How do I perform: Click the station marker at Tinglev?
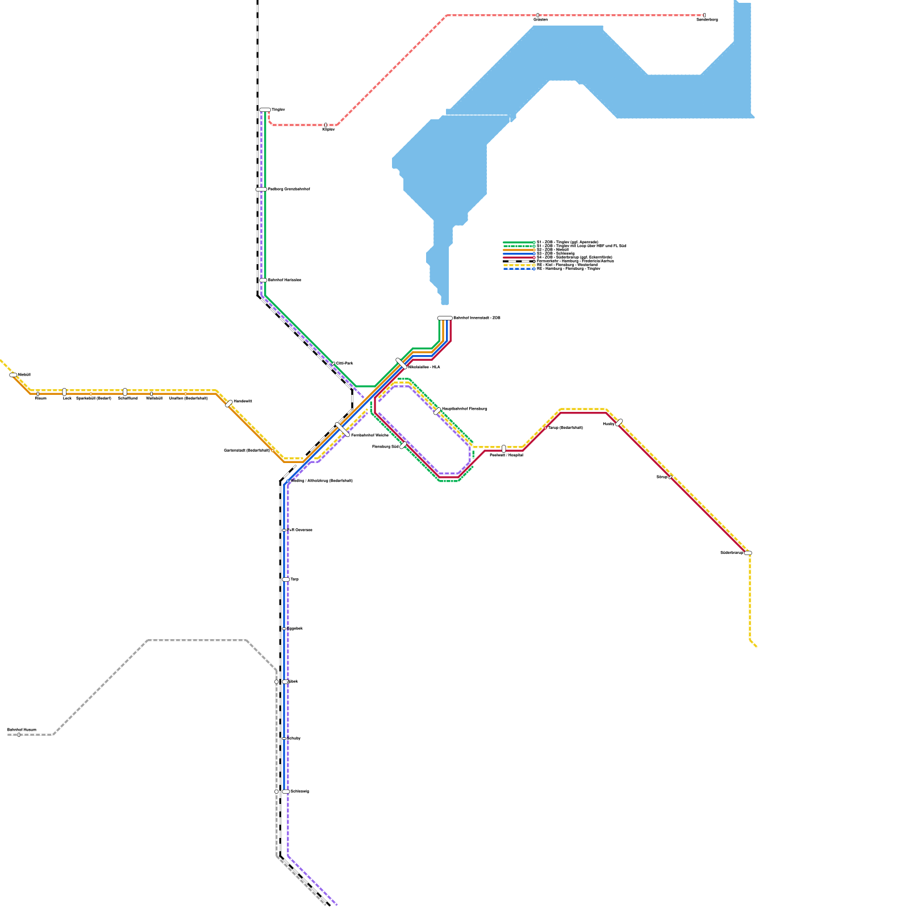click(265, 110)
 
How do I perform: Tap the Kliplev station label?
click(328, 130)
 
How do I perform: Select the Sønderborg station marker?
click(704, 15)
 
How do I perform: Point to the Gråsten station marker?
click(537, 15)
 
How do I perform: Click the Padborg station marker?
click(261, 189)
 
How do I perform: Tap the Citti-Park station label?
click(345, 363)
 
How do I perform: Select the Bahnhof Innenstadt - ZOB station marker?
click(445, 318)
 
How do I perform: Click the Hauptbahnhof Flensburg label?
click(464, 408)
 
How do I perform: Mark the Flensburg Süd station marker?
click(403, 446)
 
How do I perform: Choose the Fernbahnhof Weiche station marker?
click(343, 430)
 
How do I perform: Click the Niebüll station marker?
click(14, 375)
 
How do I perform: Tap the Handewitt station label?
click(243, 401)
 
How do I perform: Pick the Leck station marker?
click(64, 392)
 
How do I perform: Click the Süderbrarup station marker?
click(748, 553)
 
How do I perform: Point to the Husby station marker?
click(619, 423)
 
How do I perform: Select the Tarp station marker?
click(286, 579)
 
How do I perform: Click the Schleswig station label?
click(299, 791)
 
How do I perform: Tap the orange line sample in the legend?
click(519, 250)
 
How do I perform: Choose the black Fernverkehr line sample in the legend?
click(519, 261)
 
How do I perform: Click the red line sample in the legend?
click(519, 257)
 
